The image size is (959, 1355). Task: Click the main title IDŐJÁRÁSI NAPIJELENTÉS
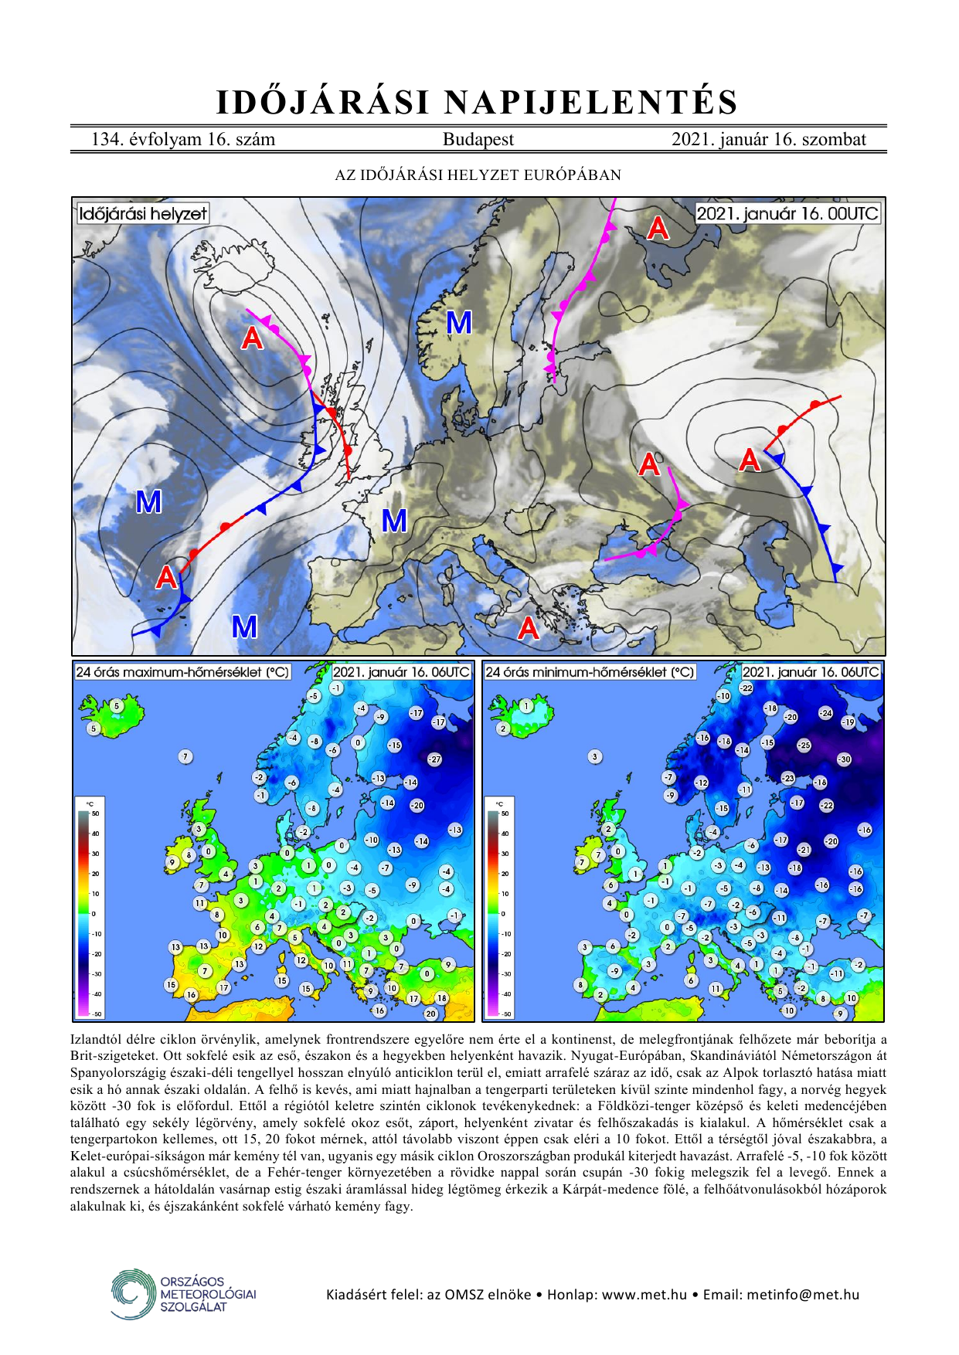(x=478, y=103)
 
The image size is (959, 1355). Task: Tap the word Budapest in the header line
(x=478, y=140)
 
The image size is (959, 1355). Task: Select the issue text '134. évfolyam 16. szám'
(x=183, y=140)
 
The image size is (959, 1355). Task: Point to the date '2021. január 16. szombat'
(x=768, y=140)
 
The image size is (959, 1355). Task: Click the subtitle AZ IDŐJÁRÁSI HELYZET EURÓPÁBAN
(x=478, y=175)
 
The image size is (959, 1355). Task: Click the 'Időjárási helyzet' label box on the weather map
(x=143, y=213)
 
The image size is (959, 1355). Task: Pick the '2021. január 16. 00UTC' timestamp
(x=787, y=213)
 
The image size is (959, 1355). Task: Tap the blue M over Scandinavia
(x=459, y=322)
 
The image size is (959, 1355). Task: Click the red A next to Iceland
(x=252, y=338)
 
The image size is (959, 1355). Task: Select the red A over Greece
(x=529, y=628)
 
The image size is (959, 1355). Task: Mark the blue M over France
(x=394, y=521)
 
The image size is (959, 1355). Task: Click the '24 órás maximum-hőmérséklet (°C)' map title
(x=182, y=672)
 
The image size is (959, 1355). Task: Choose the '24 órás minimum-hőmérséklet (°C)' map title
(x=590, y=672)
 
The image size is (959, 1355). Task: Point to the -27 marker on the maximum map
(x=435, y=759)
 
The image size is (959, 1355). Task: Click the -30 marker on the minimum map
(x=844, y=759)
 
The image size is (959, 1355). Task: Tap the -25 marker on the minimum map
(x=804, y=745)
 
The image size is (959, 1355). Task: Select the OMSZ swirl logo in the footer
(x=133, y=1293)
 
